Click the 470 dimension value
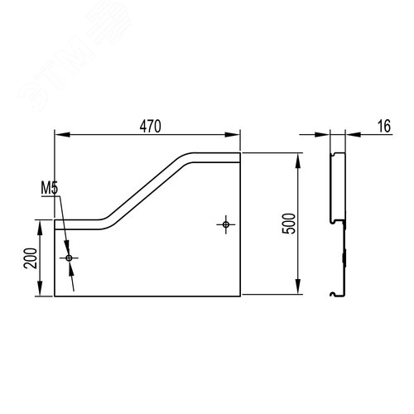(x=150, y=127)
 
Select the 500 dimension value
(x=289, y=224)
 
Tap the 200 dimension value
(x=31, y=258)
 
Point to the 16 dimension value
(x=384, y=126)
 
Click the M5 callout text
(x=50, y=188)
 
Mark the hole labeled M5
(x=69, y=258)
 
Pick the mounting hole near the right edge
(x=226, y=224)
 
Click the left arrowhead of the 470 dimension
(x=62, y=135)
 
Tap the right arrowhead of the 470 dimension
(x=233, y=135)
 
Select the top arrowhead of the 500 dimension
(x=297, y=161)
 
